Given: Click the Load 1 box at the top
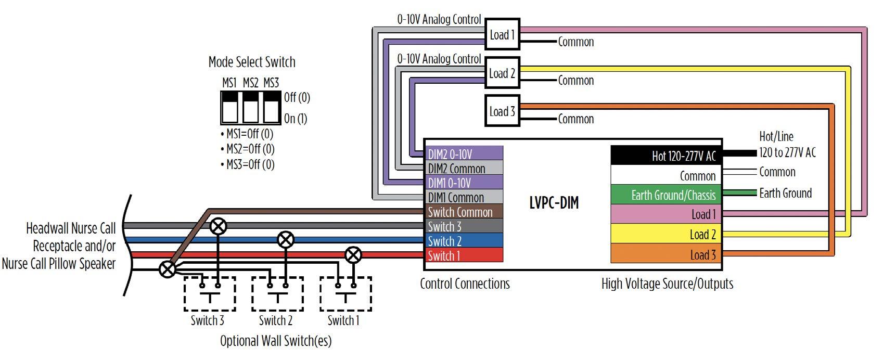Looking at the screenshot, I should tap(502, 34).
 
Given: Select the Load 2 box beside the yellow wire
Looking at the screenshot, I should tap(502, 73).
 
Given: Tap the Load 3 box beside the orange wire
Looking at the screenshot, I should tap(502, 111).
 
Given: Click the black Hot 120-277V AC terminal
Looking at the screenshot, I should tap(666, 156).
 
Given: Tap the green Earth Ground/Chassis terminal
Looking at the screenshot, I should tap(666, 195).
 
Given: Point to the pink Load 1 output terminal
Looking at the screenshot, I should tap(666, 214).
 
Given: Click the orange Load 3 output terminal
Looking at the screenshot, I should tap(666, 254).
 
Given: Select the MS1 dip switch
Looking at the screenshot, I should tap(229, 107).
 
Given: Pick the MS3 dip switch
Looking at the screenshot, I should tap(271, 107).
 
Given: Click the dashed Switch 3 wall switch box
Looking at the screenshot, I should tap(210, 293).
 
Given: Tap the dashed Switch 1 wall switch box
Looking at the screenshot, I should tap(345, 293).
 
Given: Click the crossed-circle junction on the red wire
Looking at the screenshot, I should tap(353, 255).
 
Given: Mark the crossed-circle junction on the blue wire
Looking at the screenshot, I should tap(285, 240).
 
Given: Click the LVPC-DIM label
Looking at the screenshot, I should tap(554, 203).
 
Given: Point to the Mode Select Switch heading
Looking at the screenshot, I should tap(252, 62).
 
